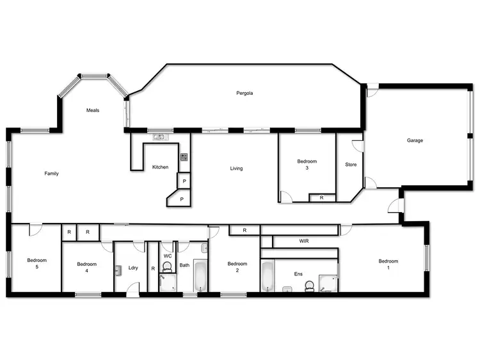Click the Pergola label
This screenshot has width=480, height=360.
point(244,93)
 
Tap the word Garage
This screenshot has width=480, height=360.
point(415,140)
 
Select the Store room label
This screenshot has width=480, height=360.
point(350,164)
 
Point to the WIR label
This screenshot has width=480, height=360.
point(305,241)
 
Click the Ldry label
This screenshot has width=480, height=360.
point(133,268)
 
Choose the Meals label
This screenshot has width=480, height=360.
point(93,110)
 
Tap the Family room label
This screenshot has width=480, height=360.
point(52,173)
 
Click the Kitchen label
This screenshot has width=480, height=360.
point(160,167)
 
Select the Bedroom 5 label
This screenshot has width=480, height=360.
point(37,263)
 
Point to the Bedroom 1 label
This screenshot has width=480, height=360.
point(388,264)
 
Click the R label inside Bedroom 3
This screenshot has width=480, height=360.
point(321,198)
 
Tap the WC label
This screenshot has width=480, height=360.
point(168,256)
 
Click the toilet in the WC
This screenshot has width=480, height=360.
point(168,267)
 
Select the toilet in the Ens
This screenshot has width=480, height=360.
point(310,286)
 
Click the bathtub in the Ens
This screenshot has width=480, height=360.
point(268,276)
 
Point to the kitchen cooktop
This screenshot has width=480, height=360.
point(184,157)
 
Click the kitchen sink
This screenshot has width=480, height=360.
point(159,136)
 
